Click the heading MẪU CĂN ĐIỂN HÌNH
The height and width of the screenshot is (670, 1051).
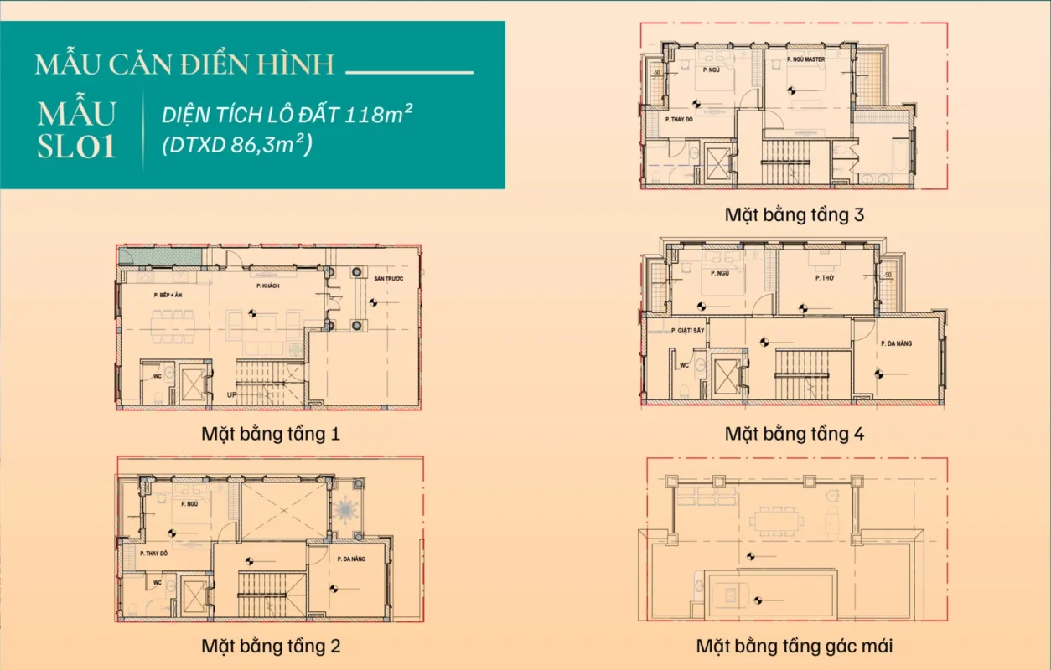184,64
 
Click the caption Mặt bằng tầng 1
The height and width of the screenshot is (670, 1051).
270,434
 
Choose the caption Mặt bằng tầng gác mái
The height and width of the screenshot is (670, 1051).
794,646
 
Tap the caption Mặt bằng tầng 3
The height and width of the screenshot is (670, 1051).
794,214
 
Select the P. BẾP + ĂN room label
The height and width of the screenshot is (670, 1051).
168,296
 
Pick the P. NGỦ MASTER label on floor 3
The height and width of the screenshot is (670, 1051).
806,60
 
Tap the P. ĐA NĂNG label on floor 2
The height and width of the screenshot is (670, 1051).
350,559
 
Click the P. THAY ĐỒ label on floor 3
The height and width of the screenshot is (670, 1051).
679,120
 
